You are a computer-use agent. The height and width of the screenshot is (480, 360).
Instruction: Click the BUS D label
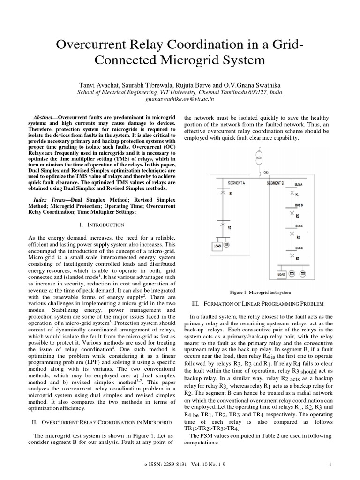click(299, 247)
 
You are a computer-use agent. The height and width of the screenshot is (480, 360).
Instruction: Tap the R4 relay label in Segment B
click(297, 258)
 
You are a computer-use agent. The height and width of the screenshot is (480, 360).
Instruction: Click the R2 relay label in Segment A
click(230, 227)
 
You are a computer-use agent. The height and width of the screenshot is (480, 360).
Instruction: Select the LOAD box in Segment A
click(217, 245)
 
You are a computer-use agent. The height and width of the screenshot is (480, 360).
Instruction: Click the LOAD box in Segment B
click(281, 273)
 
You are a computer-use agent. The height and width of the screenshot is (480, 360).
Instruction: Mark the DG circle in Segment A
click(227, 245)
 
